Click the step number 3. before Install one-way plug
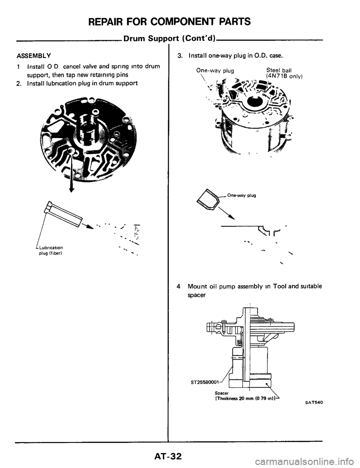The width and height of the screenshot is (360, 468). [180, 57]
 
